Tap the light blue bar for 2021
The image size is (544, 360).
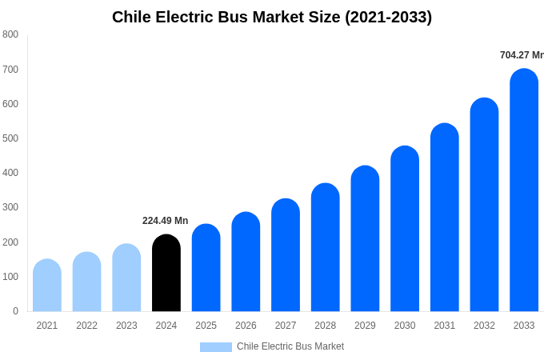(x=47, y=286)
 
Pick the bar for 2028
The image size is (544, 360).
(x=326, y=247)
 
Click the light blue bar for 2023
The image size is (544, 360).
(x=126, y=278)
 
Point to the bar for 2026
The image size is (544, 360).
(x=246, y=262)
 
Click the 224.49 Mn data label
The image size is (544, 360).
(x=166, y=221)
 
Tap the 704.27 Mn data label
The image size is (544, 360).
(x=522, y=55)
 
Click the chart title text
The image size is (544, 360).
(x=272, y=17)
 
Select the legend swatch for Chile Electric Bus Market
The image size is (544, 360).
(x=215, y=347)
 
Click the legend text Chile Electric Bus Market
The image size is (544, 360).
(x=290, y=346)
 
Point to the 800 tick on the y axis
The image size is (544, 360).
(x=10, y=34)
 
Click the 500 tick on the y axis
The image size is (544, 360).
(x=10, y=138)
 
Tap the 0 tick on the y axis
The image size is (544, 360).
(x=15, y=311)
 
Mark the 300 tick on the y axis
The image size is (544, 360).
(x=10, y=207)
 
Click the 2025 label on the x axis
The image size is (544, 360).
(x=206, y=326)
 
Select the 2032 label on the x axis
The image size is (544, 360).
(x=484, y=326)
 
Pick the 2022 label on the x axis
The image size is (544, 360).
(x=86, y=326)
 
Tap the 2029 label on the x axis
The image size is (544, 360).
(x=365, y=326)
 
